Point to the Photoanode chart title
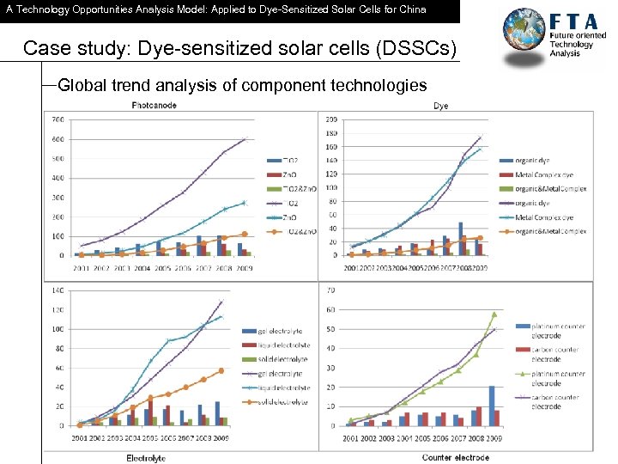pos(154,106)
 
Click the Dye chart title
pos(440,106)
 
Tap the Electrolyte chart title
pos(146,458)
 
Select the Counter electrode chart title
pos(456,458)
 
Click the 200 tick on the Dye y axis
pos(331,119)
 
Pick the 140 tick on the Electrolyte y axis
pos(57,290)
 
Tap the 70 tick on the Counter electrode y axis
pos(331,290)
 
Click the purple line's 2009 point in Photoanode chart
pos(244,138)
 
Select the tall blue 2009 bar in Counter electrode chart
pos(492,406)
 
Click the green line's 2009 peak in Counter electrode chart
pos(494,314)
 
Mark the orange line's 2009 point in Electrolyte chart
pos(221,370)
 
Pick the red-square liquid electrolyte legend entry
pos(257,345)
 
